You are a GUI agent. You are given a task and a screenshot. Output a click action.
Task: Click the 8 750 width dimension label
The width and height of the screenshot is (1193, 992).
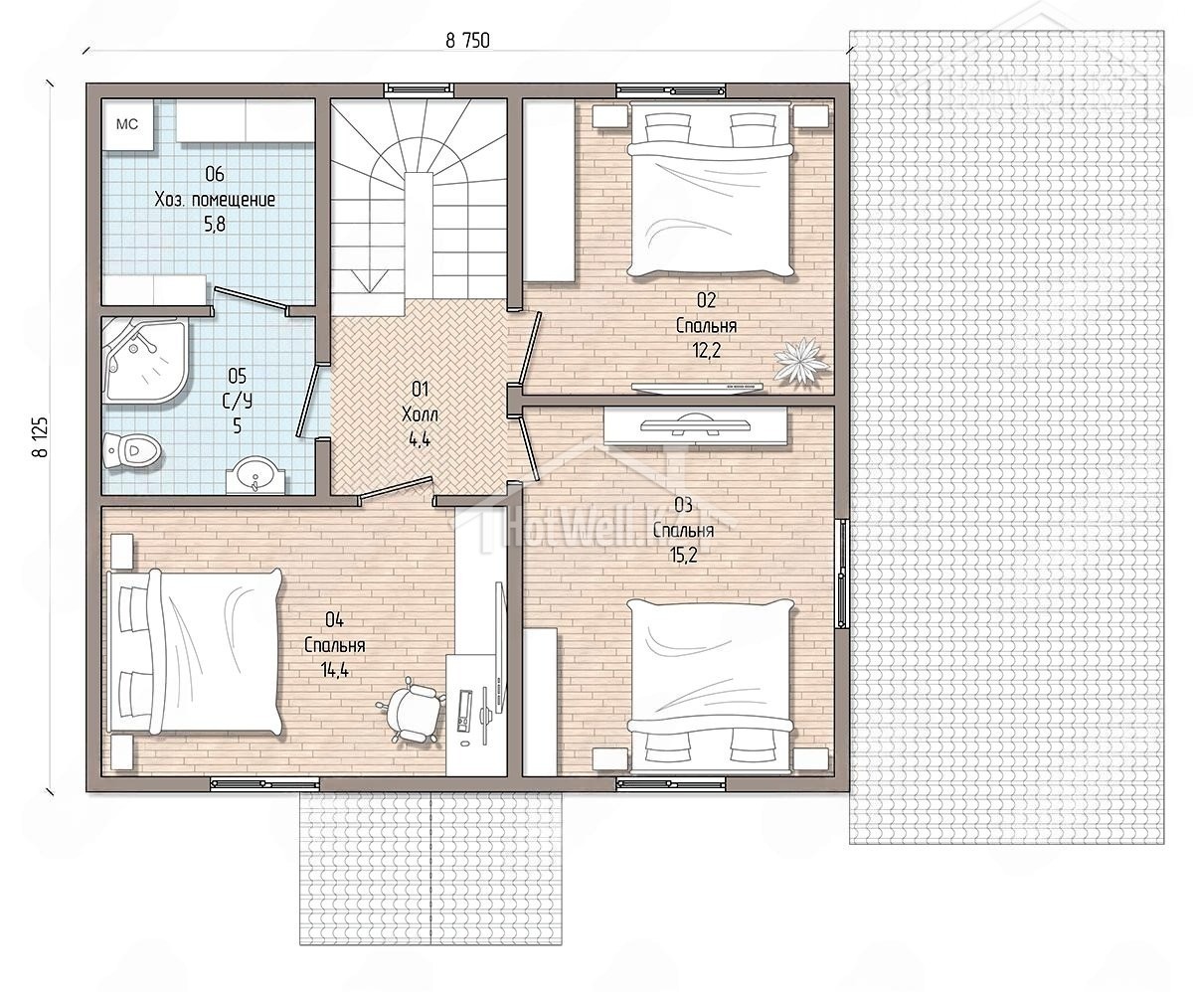pyautogui.click(x=467, y=41)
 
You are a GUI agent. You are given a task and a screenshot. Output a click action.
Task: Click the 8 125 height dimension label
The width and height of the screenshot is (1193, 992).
pyautogui.click(x=41, y=436)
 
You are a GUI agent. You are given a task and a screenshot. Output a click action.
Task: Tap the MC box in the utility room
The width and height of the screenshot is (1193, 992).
pyautogui.click(x=127, y=124)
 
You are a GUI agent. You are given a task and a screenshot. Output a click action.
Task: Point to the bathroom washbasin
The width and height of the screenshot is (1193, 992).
pyautogui.click(x=256, y=475)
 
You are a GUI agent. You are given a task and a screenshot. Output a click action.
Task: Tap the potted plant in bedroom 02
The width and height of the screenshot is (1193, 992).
pyautogui.click(x=801, y=361)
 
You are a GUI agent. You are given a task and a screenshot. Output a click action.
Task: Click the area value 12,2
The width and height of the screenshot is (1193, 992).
pyautogui.click(x=707, y=350)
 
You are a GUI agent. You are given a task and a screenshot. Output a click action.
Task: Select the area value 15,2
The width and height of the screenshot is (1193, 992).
pyautogui.click(x=683, y=555)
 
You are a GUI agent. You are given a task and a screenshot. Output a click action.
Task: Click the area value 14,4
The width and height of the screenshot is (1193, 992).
pyautogui.click(x=335, y=670)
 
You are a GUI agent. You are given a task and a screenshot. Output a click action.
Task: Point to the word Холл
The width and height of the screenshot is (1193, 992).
pyautogui.click(x=420, y=414)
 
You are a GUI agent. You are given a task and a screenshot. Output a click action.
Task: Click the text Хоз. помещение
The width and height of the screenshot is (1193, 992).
pyautogui.click(x=215, y=200)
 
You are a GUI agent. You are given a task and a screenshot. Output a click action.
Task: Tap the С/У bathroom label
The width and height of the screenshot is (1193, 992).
pyautogui.click(x=238, y=401)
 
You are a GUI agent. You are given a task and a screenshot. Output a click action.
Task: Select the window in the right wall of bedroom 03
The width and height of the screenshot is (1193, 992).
pyautogui.click(x=842, y=574)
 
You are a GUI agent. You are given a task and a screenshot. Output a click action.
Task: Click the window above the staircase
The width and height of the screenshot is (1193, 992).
pyautogui.click(x=419, y=88)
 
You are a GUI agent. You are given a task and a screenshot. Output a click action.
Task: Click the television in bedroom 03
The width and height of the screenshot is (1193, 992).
pyautogui.click(x=696, y=425)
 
